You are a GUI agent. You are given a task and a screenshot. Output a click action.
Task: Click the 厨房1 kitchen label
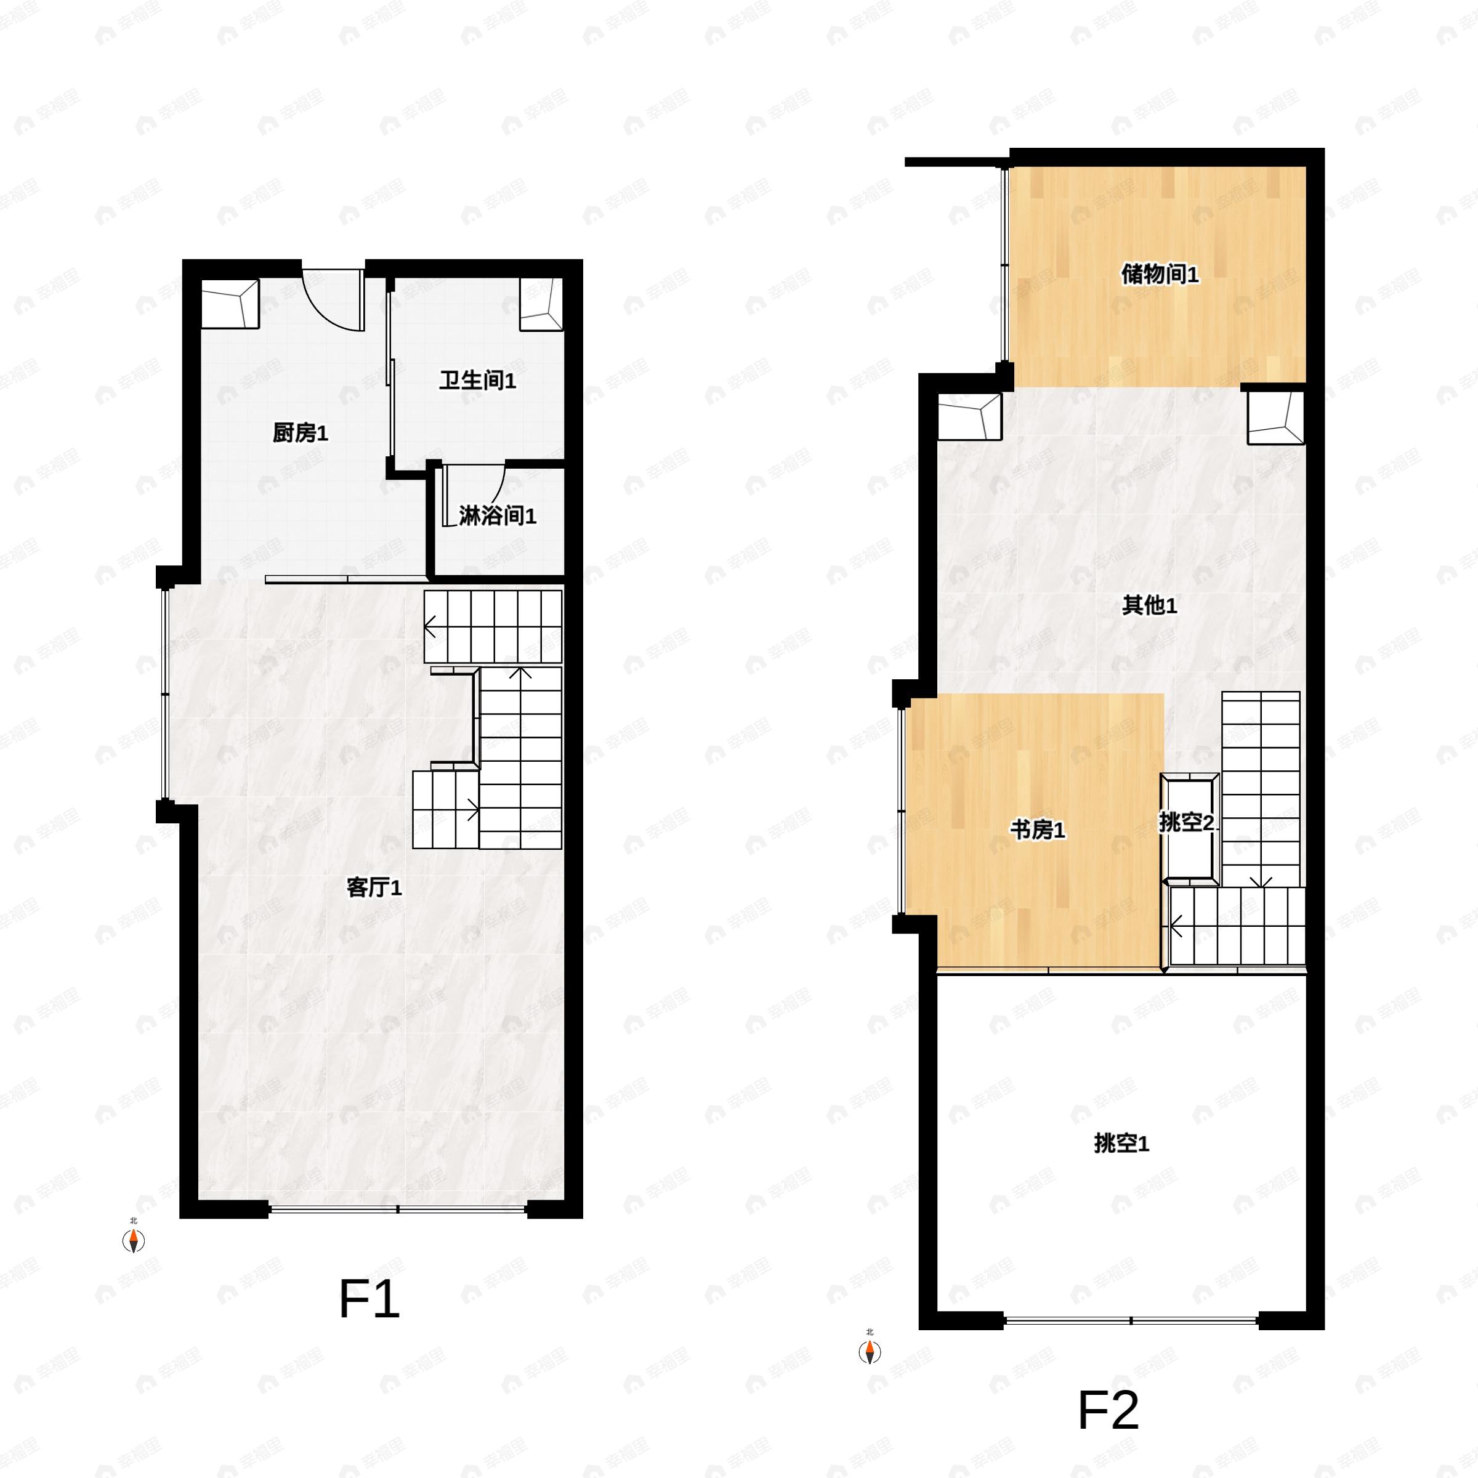pyautogui.click(x=301, y=434)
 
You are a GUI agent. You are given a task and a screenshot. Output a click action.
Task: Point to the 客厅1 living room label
pyautogui.click(x=374, y=887)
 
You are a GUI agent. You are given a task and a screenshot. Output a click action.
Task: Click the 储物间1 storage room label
pyautogui.click(x=1160, y=274)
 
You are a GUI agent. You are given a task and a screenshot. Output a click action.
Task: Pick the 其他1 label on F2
pyautogui.click(x=1149, y=606)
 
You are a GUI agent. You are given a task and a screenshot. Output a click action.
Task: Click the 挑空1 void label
pyautogui.click(x=1121, y=1144)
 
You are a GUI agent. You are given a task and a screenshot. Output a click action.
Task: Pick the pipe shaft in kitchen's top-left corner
pyautogui.click(x=230, y=304)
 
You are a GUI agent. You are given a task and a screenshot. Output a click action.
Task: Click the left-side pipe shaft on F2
pyautogui.click(x=969, y=417)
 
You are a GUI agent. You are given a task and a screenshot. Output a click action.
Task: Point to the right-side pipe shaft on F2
pyautogui.click(x=1275, y=418)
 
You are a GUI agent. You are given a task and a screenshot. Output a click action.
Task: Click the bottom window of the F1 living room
pyautogui.click(x=398, y=1209)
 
